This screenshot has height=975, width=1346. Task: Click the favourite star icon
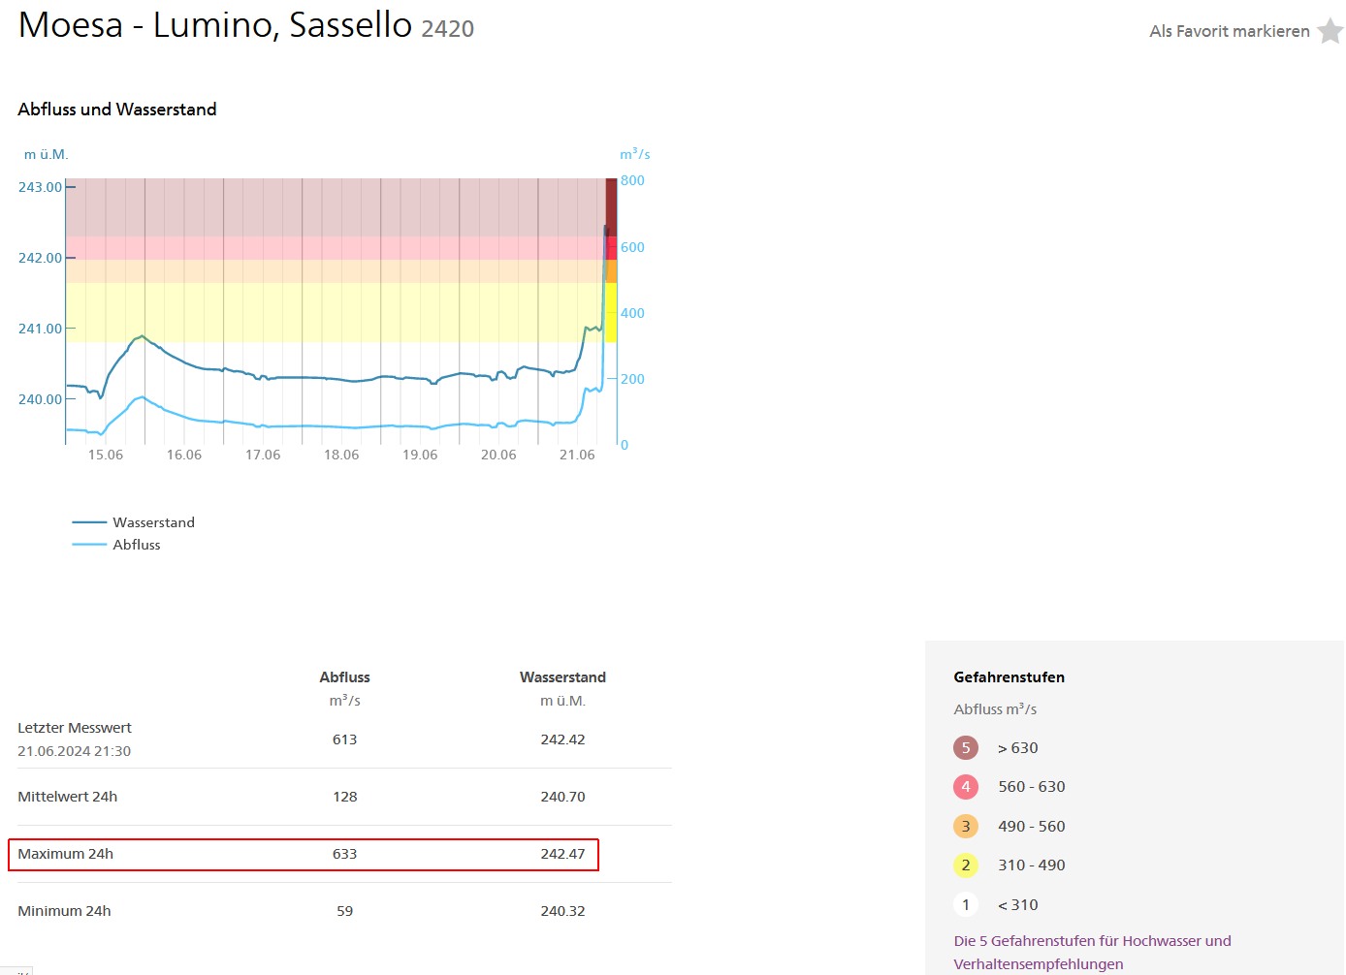pos(1330,31)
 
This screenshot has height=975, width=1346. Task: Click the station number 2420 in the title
pos(447,29)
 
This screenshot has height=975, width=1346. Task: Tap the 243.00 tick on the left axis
pos(40,187)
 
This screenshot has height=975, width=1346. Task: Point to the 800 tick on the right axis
pos(632,180)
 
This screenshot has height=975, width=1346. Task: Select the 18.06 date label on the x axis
pos(341,455)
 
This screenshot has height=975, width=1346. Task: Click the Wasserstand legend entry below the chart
pos(153,522)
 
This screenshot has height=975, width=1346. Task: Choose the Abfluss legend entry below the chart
pos(137,545)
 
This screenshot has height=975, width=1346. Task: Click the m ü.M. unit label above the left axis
pos(46,154)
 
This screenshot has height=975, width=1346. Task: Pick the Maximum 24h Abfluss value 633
pos(344,854)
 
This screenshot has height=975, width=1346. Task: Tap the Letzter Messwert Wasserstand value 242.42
pos(562,739)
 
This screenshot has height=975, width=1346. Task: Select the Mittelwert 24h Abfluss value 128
pos(344,797)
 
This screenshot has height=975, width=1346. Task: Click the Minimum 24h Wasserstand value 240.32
pos(562,911)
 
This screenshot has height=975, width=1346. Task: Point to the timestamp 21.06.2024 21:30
pos(74,751)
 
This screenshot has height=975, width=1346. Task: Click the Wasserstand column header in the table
pos(562,677)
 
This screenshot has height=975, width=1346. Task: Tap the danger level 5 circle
pos(965,747)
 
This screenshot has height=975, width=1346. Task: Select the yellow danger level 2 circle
pos(965,865)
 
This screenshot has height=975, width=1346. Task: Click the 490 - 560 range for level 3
pos(1031,826)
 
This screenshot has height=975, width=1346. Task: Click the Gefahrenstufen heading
pos(1009,677)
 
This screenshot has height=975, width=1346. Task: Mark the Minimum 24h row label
pos(64,911)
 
